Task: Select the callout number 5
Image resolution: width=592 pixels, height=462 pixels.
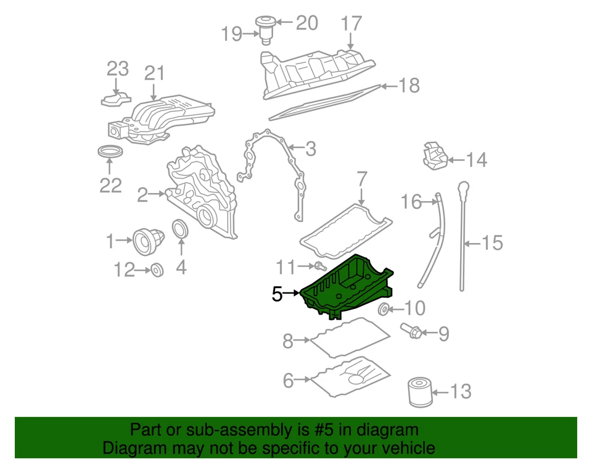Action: coord(277,295)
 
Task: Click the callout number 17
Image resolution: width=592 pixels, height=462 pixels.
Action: coord(351,24)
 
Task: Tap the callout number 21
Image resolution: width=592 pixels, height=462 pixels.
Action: coord(155,73)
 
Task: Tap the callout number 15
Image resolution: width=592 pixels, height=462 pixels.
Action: coord(492,243)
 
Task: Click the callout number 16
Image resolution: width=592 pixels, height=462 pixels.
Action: coord(411,201)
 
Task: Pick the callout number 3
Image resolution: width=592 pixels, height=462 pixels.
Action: coord(310,148)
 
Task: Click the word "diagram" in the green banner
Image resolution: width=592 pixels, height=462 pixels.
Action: coord(387,430)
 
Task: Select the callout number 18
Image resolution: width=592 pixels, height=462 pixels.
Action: coord(408,85)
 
